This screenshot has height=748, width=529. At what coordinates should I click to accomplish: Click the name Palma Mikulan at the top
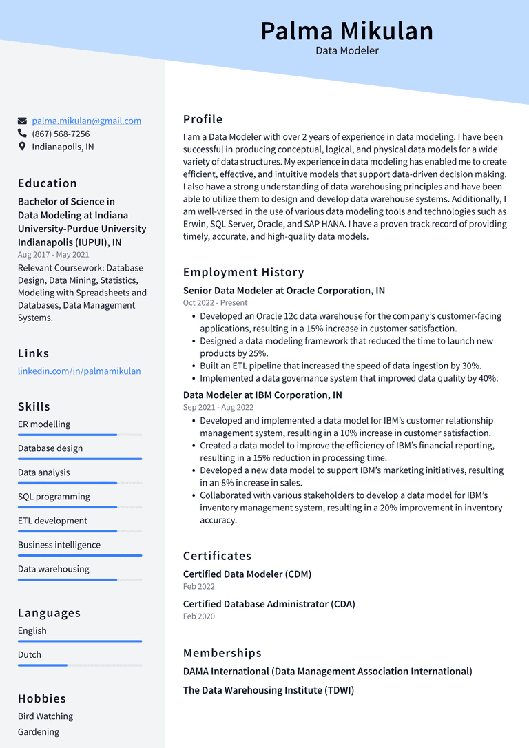[346, 31]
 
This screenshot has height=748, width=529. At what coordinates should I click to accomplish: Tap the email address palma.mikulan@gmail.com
[86, 121]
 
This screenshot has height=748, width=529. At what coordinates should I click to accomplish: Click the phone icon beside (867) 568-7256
[22, 134]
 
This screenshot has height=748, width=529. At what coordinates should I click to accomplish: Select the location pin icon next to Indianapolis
[22, 147]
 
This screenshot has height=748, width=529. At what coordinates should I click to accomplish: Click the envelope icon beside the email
[22, 121]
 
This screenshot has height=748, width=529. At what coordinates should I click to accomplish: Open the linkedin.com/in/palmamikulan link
[79, 371]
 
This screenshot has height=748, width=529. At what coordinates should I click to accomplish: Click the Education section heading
[48, 183]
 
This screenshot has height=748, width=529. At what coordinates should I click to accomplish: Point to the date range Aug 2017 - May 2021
[54, 255]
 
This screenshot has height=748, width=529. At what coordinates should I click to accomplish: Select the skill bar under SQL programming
[79, 507]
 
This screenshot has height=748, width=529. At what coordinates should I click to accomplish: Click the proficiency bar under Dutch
[79, 665]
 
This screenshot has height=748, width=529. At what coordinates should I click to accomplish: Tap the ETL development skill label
[52, 521]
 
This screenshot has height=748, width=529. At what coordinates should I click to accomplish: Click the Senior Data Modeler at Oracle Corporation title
[284, 291]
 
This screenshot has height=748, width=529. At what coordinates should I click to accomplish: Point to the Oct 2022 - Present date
[215, 303]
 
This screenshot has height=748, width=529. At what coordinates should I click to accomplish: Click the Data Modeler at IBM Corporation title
[262, 395]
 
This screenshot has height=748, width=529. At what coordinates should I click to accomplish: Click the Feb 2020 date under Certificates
[199, 616]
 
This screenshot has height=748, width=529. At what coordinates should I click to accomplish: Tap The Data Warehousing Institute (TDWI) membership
[268, 690]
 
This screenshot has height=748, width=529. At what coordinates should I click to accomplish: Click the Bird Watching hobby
[45, 716]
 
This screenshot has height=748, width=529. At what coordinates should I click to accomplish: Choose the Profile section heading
[203, 119]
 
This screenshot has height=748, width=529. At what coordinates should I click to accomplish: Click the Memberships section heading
[222, 653]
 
